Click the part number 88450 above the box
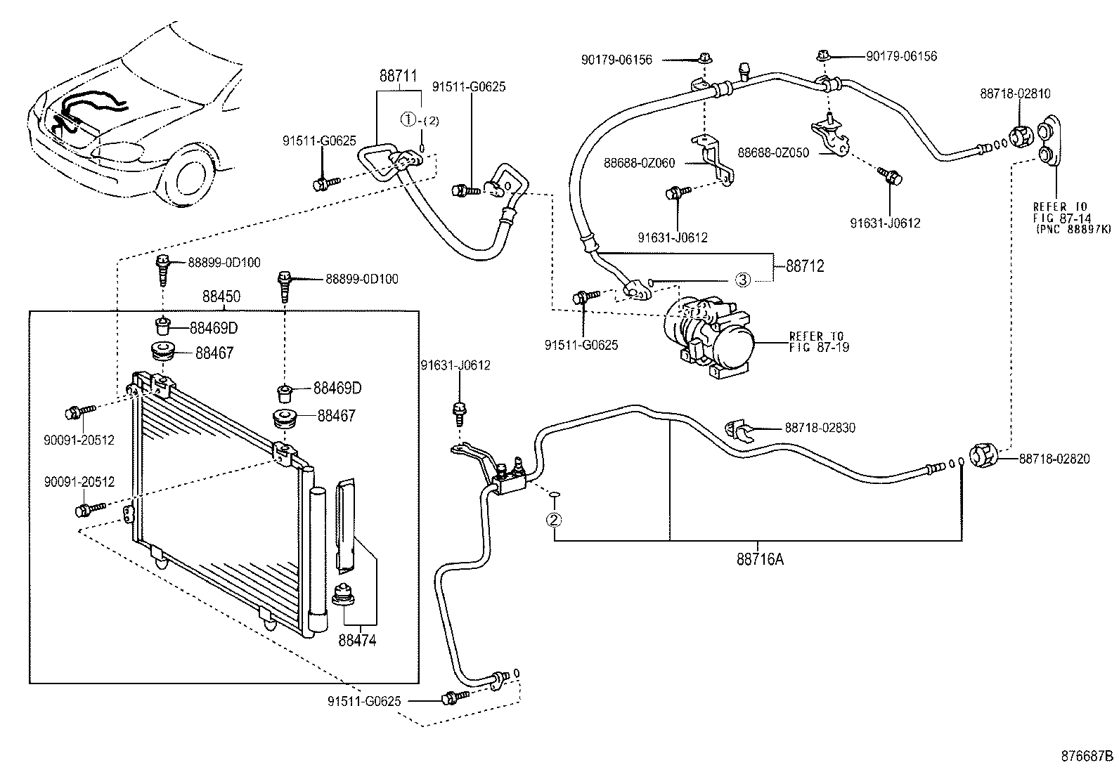click(x=221, y=297)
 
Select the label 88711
click(x=399, y=77)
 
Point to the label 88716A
click(x=760, y=560)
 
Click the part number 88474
click(x=357, y=640)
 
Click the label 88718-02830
click(x=820, y=428)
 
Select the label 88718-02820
click(x=1054, y=459)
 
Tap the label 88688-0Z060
click(x=639, y=163)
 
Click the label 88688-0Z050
click(x=772, y=152)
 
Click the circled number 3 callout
click(x=743, y=280)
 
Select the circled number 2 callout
click(x=554, y=520)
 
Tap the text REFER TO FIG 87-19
click(x=818, y=342)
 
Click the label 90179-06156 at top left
click(x=616, y=60)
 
